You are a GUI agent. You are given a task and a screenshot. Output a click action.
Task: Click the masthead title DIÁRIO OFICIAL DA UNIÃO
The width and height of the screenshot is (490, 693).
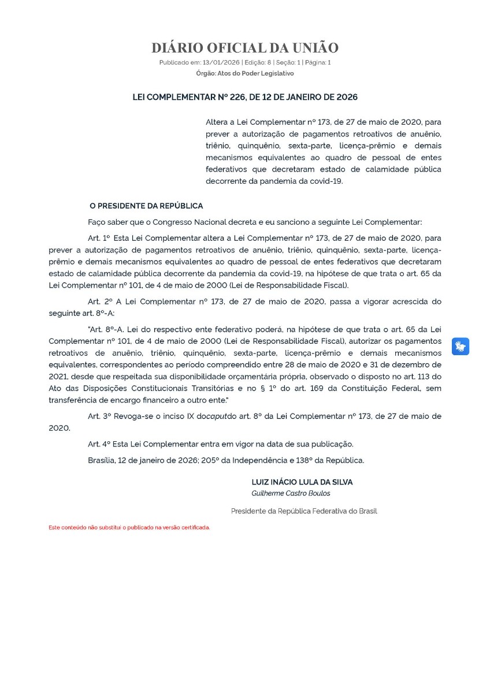pos(245,48)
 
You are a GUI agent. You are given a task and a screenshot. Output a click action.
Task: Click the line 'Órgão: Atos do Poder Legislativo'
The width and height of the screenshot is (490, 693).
pos(245,73)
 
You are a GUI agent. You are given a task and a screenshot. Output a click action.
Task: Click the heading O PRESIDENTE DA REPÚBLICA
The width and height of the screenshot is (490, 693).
pos(146,206)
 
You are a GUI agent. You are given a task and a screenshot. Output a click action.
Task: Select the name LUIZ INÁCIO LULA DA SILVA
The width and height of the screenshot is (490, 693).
pos(302,482)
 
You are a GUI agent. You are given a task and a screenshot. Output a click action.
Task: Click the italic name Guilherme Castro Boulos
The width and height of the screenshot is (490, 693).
pos(291,493)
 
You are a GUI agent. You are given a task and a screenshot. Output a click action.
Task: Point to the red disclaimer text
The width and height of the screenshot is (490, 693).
pos(129,528)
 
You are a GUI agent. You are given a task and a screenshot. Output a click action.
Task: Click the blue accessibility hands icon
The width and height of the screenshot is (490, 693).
pos(460,346)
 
